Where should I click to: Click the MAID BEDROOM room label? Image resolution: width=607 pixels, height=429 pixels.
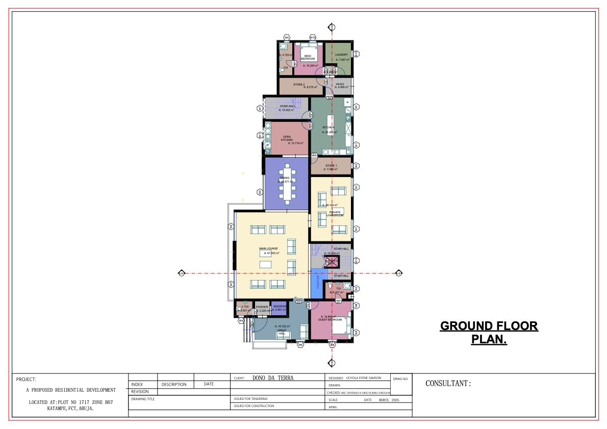click(x=308, y=57)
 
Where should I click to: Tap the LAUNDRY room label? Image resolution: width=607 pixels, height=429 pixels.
click(x=341, y=55)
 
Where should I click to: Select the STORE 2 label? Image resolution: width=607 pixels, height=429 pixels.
click(x=299, y=84)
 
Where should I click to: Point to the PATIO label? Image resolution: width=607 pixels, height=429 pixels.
click(x=340, y=84)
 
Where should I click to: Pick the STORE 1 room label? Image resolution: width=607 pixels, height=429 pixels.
click(x=331, y=166)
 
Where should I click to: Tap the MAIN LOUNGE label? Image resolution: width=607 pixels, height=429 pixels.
click(x=268, y=248)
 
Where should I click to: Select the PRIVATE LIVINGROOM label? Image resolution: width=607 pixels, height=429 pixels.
click(x=335, y=213)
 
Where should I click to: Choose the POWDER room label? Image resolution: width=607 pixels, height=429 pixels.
click(x=262, y=307)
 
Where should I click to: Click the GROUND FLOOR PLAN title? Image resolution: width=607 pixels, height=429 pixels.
click(x=489, y=333)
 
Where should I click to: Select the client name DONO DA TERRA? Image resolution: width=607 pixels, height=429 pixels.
click(x=273, y=378)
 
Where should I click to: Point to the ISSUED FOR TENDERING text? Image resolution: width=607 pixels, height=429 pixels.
click(x=250, y=398)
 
